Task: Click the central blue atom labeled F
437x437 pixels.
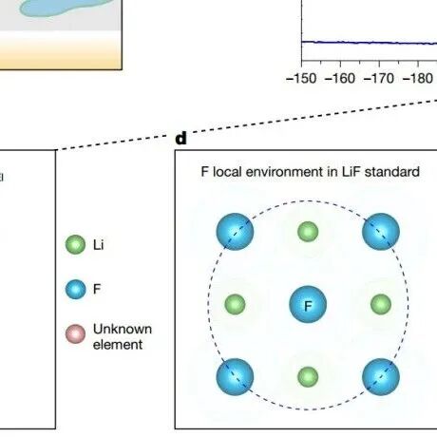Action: point(308,304)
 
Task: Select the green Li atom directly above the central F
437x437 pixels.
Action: point(308,232)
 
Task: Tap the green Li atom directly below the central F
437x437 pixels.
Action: point(308,377)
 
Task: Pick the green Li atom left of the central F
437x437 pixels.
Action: point(235,304)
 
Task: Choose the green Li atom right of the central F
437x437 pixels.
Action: point(381,304)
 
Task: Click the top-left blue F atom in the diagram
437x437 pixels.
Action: point(235,232)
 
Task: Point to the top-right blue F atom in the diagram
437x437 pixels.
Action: point(381,232)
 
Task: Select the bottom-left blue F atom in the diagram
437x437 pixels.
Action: point(235,377)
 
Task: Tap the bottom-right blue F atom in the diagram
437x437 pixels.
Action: point(381,377)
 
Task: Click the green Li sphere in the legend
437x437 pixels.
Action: point(75,244)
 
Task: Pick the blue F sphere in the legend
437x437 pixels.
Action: point(75,289)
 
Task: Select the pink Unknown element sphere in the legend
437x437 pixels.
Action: point(75,333)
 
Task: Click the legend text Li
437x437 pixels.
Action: point(98,245)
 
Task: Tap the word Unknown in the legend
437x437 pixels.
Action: point(123,329)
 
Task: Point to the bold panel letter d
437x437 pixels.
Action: point(180,138)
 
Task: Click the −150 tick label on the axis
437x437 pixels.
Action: point(301,78)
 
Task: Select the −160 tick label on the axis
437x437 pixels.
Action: point(340,78)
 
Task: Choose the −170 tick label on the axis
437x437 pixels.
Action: point(379,78)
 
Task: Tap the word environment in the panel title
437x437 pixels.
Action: point(282,172)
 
